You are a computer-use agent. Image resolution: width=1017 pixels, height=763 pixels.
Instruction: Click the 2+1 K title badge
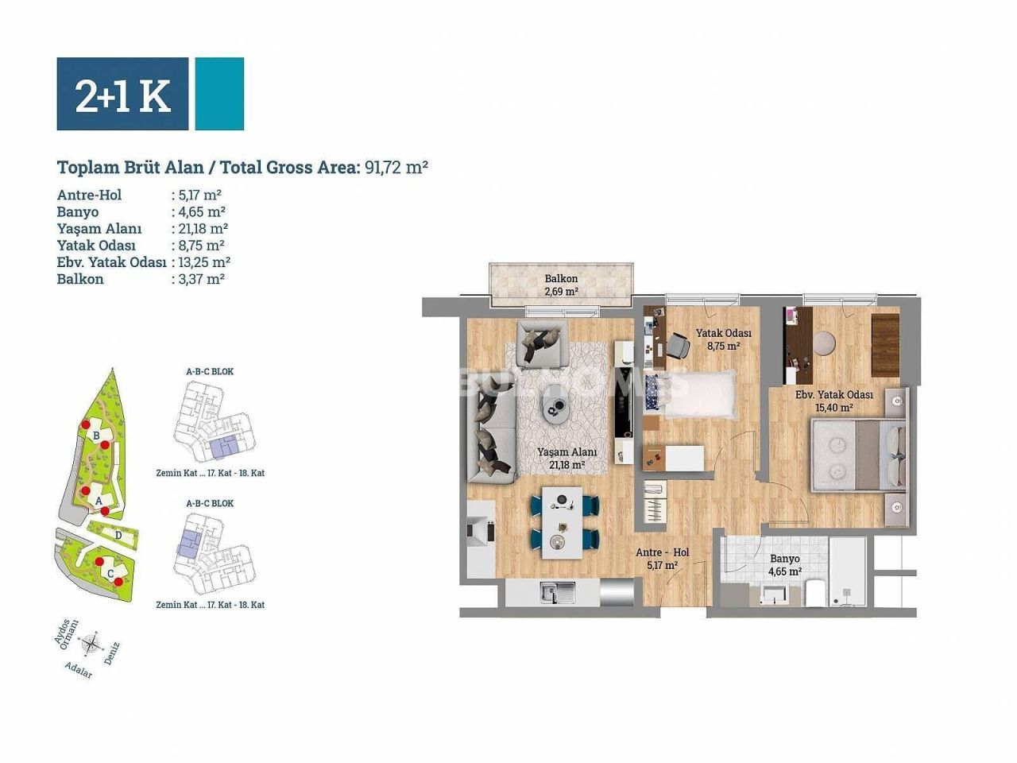122,94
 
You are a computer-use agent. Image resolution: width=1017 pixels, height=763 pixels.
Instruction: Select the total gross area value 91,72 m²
396,168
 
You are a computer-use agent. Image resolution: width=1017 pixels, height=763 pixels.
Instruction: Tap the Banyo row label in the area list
78,211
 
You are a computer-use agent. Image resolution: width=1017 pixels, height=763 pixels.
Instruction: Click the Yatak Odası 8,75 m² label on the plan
723,339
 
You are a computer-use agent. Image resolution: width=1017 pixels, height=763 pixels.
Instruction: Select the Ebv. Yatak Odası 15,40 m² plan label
834,401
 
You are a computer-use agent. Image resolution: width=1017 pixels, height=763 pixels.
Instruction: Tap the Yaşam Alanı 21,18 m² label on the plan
566,458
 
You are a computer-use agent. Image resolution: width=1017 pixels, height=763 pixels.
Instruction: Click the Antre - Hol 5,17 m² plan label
662,559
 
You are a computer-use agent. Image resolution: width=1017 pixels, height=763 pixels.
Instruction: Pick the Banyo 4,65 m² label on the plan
784,564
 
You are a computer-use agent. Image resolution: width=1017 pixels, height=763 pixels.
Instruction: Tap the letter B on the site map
96,436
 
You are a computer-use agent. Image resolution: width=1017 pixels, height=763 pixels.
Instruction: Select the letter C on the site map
110,572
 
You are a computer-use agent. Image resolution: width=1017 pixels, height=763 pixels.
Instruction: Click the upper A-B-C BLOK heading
210,371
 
